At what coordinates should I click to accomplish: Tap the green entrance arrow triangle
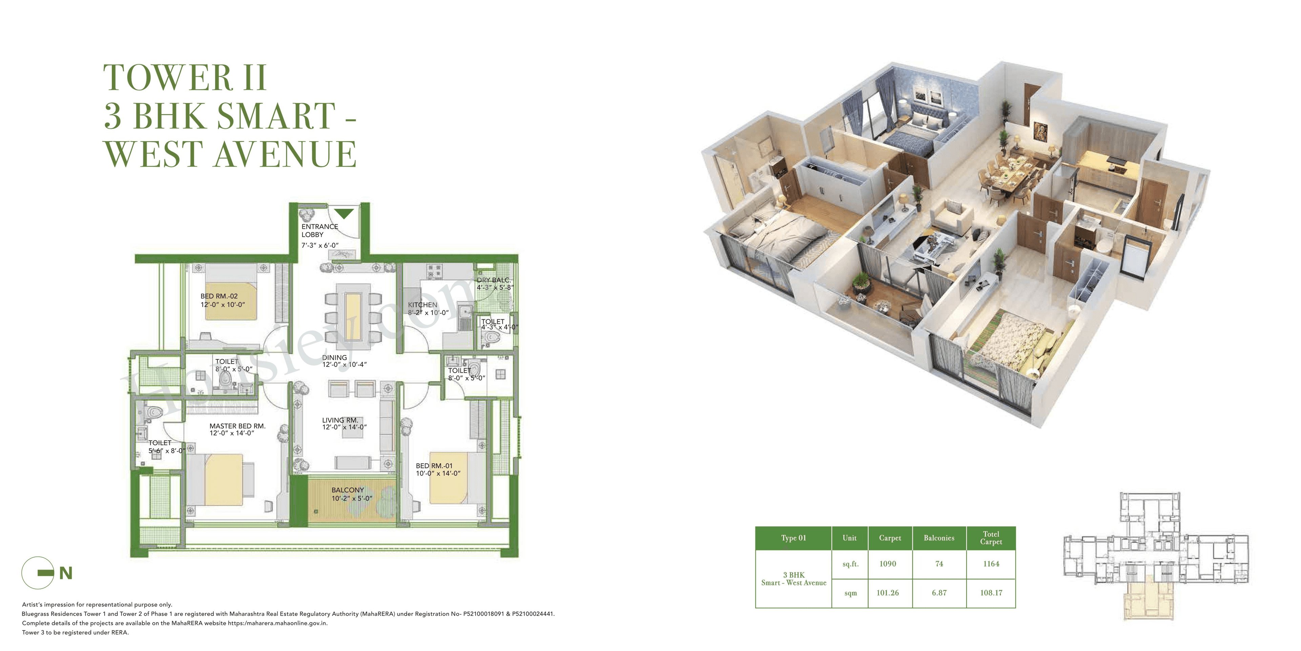(344, 214)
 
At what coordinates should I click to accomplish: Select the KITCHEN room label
(422, 305)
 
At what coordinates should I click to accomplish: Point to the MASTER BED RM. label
(238, 426)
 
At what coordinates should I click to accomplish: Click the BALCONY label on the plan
(348, 490)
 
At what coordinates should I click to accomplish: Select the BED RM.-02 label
(219, 296)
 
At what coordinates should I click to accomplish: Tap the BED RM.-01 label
(434, 466)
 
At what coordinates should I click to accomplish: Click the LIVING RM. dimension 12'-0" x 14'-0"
(345, 428)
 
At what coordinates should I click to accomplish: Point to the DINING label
(334, 357)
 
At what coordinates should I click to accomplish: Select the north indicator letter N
(66, 573)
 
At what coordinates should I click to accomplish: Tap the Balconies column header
(939, 538)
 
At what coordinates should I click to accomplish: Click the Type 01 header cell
(793, 538)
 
